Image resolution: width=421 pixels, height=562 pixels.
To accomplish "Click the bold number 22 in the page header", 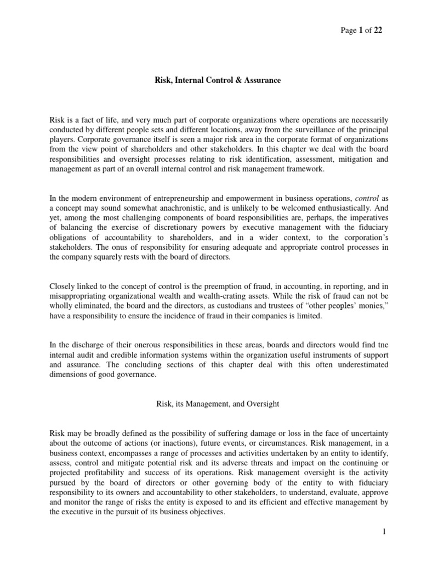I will tap(378, 31).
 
